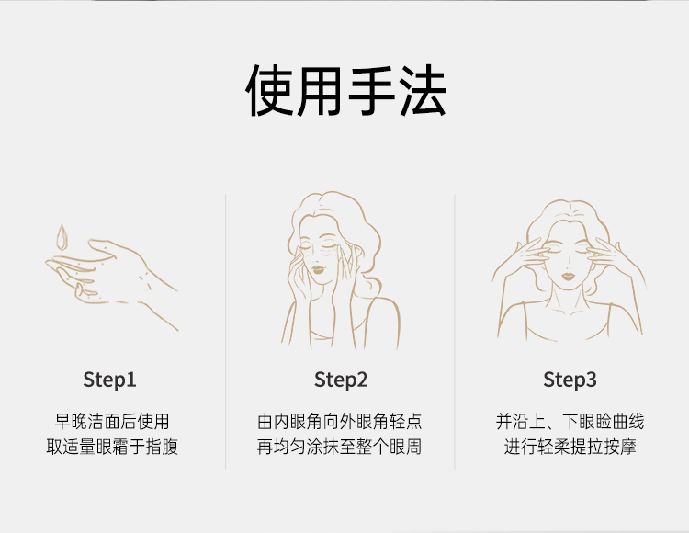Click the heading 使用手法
point(346,90)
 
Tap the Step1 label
point(110,380)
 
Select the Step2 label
point(341,380)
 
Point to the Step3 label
point(570,380)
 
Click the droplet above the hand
point(62,237)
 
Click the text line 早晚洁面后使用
point(112,421)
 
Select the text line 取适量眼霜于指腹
point(112,447)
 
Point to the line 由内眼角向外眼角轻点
point(340,421)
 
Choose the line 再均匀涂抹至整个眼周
point(340,447)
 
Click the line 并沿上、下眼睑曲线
point(570,421)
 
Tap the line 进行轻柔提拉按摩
point(570,447)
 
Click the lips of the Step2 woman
point(317,269)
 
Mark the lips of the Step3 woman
point(569,277)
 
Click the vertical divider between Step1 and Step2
point(226,332)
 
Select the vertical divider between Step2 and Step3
point(455,332)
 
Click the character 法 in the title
point(424,90)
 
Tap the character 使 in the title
point(269,90)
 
